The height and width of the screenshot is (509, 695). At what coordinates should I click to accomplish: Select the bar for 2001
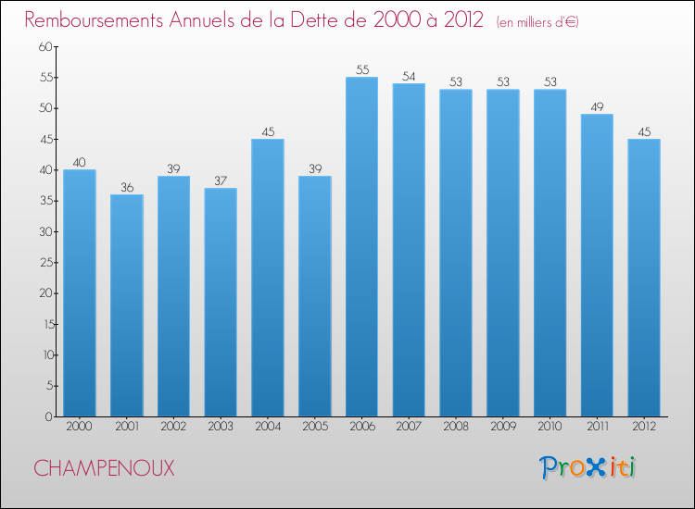click(x=126, y=305)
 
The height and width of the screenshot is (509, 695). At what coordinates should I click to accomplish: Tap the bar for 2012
click(x=643, y=278)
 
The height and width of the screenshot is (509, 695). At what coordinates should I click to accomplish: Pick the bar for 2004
click(x=268, y=278)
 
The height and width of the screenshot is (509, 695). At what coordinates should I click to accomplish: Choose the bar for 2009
click(x=502, y=253)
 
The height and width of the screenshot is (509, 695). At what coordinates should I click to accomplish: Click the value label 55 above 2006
click(x=361, y=69)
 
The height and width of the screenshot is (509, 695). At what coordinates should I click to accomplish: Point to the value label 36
click(x=126, y=187)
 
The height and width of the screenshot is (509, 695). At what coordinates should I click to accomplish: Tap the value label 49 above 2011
click(x=597, y=106)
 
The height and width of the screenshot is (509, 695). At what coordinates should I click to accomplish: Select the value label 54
click(x=409, y=76)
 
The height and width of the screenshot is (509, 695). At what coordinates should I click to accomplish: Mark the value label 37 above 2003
click(x=221, y=180)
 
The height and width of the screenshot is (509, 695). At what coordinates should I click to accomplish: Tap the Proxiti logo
click(x=588, y=467)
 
